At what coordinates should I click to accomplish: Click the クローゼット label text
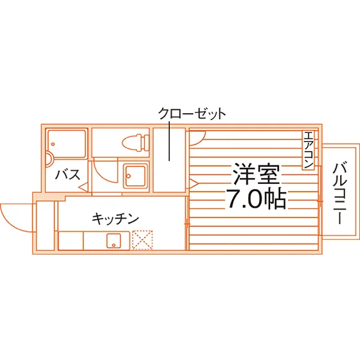click(192, 114)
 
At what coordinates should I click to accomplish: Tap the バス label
click(68, 174)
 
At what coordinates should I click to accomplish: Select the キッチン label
click(116, 219)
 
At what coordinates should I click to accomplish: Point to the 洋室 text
click(256, 174)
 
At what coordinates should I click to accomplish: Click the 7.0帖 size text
click(256, 199)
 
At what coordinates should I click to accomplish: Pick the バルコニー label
click(340, 193)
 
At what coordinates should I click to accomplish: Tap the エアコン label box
click(308, 150)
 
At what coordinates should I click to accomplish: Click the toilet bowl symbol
click(136, 143)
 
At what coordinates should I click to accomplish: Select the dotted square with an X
click(143, 240)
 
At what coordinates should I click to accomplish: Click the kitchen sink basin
click(114, 241)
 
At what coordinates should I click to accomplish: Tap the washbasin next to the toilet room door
click(135, 175)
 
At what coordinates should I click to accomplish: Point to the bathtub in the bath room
click(67, 144)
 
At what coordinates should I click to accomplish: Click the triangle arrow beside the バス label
click(84, 187)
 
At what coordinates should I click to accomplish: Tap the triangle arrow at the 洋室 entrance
click(194, 184)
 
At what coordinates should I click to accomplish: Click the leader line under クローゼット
click(170, 141)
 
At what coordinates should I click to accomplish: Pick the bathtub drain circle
click(53, 144)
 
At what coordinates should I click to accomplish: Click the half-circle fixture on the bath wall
click(50, 159)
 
